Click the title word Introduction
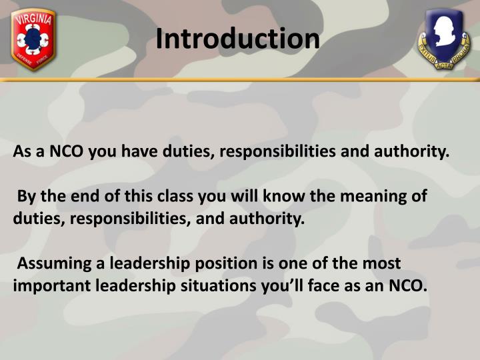(x=238, y=39)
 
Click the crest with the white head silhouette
(x=443, y=41)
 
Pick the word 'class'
(x=154, y=197)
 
